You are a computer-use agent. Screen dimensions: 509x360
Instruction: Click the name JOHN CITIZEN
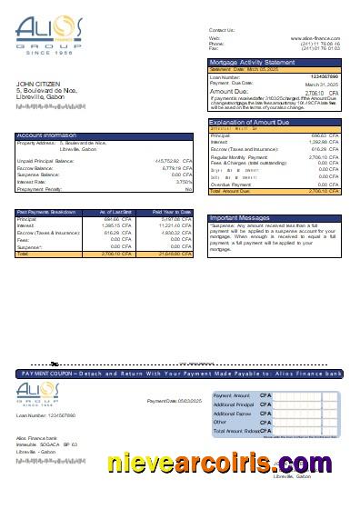36,85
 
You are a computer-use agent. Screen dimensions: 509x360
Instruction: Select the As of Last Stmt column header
119,212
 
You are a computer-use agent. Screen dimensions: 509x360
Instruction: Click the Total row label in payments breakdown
23,254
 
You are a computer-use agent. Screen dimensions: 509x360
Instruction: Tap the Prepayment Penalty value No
188,188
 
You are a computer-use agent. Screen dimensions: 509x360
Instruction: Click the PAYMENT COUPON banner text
182,374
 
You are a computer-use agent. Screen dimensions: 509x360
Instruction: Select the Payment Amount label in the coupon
231,396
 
